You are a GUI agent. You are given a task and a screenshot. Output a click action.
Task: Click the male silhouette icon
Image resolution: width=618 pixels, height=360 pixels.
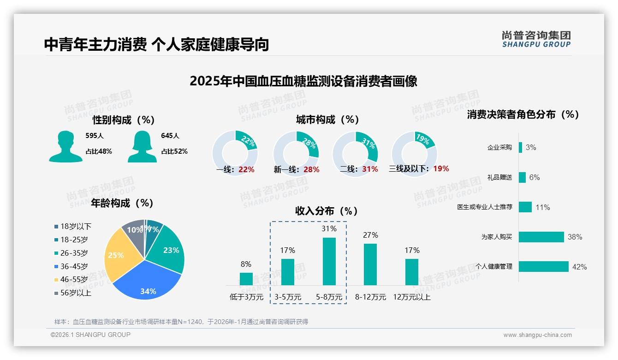65,146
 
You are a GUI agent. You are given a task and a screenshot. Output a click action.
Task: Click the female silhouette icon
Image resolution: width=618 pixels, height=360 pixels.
142,146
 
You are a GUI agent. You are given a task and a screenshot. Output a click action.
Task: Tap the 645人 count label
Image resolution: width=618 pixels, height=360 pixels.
170,136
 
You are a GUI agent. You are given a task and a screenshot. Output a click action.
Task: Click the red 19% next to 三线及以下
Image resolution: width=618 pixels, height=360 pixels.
441,169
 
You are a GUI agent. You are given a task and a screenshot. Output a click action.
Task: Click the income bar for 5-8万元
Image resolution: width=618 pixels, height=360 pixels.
329,261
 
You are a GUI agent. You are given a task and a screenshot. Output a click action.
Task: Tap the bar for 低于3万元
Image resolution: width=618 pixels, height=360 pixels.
246,279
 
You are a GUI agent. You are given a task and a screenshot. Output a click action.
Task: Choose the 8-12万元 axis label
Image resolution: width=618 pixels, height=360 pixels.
370,297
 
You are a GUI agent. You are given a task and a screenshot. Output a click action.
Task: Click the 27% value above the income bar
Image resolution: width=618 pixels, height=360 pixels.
370,235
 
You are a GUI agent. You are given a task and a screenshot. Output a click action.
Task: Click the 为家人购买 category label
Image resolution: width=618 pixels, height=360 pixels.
496,237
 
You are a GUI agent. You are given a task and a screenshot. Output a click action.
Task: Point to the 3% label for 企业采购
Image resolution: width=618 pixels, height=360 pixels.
530,148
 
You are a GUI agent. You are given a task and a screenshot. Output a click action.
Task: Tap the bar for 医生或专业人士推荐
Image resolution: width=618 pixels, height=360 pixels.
525,207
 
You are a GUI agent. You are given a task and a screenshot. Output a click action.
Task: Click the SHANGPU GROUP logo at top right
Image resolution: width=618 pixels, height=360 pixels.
536,39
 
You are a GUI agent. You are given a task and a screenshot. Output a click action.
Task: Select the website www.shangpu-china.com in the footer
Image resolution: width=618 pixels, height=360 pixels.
537,335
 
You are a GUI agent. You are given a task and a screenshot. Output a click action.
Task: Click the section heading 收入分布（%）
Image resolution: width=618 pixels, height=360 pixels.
327,211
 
